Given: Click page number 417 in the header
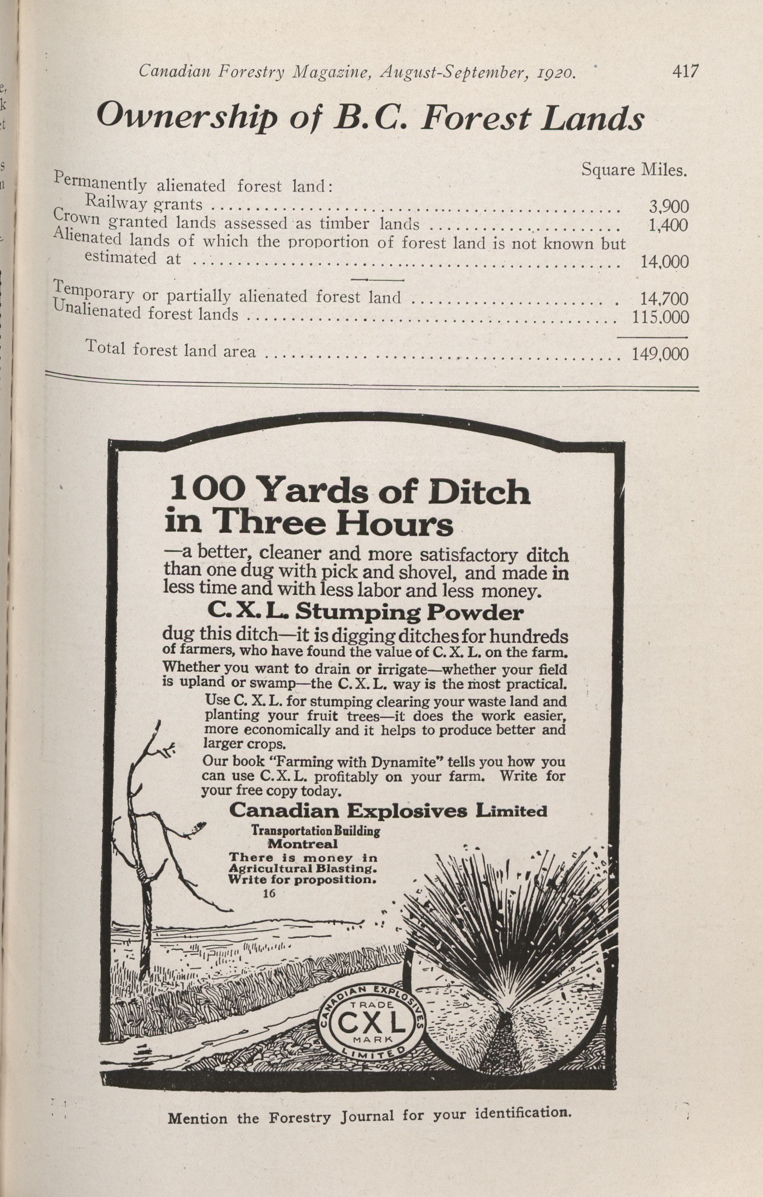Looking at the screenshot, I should click(685, 71).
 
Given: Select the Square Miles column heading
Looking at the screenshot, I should click(634, 171).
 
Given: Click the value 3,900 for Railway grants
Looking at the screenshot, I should click(669, 206).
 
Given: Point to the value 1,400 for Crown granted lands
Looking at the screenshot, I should click(669, 226).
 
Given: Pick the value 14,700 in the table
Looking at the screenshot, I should click(664, 299).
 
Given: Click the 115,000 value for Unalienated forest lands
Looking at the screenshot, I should click(660, 317).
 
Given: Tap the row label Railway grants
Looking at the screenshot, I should click(143, 203).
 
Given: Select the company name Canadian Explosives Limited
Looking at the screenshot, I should click(388, 811).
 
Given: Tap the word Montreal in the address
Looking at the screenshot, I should click(303, 844).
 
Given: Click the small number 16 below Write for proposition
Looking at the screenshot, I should click(269, 892).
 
